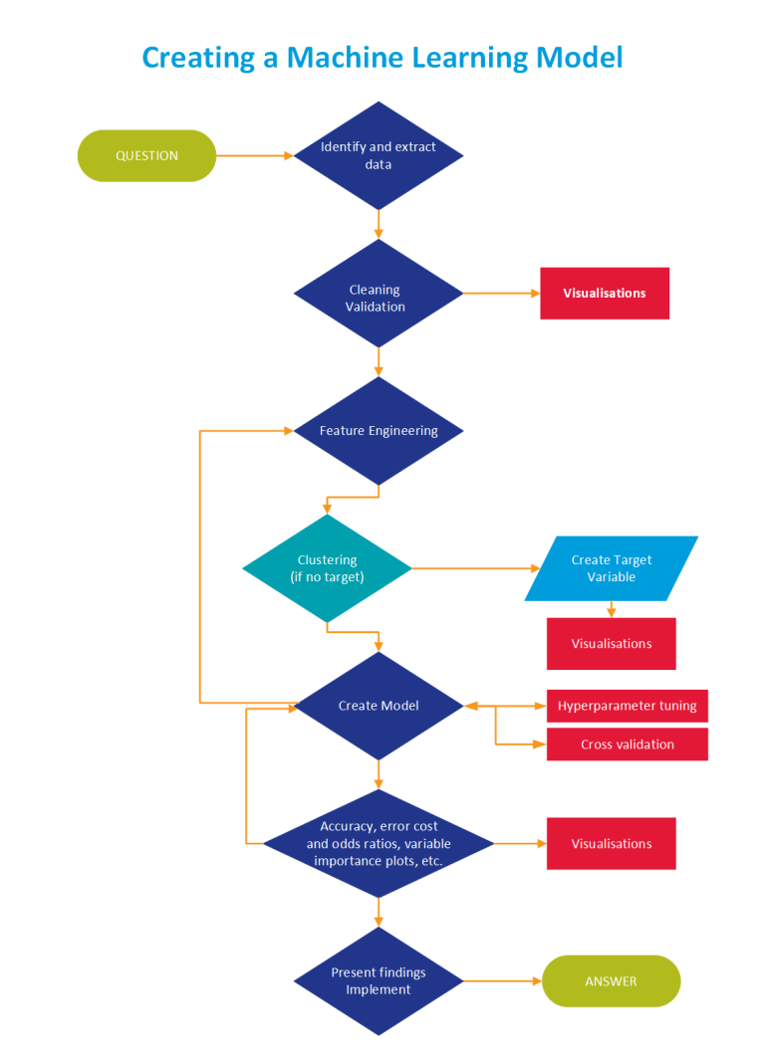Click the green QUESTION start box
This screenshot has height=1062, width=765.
(x=146, y=155)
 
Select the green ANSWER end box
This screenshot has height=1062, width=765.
(x=611, y=981)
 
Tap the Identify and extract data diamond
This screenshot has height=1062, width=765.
(x=379, y=155)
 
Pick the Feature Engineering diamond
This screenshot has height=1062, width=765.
(x=379, y=431)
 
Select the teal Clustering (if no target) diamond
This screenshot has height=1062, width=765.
(x=327, y=568)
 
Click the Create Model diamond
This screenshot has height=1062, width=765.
(x=379, y=706)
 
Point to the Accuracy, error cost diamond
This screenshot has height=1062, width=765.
(x=379, y=844)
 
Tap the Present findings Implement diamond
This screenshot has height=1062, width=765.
(x=379, y=981)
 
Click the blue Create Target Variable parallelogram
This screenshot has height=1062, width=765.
(x=612, y=568)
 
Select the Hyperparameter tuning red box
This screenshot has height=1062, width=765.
(x=627, y=706)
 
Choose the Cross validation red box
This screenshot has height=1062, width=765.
(x=627, y=744)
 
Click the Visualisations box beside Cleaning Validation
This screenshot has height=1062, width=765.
(x=605, y=294)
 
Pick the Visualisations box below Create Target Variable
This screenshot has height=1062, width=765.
(x=612, y=644)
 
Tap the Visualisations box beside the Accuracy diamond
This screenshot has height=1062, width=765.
(x=612, y=844)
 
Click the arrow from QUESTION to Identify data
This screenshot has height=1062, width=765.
(x=255, y=155)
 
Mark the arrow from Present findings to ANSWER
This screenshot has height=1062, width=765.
(x=502, y=981)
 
